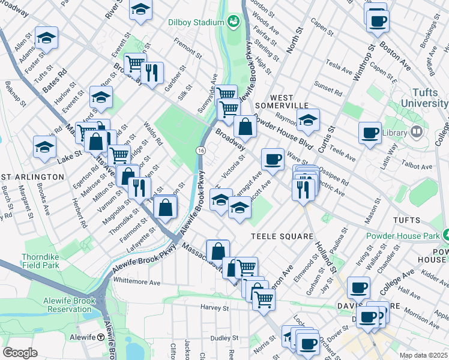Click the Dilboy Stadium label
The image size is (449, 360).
(x=196, y=23)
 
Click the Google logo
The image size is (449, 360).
(x=20, y=353)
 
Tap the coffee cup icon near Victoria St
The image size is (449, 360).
(x=273, y=159)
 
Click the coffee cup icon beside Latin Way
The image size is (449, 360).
(x=370, y=133)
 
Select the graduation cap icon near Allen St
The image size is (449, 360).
(x=46, y=38)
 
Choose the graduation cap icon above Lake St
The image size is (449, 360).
(x=44, y=146)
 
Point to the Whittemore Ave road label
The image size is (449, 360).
(x=137, y=281)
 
